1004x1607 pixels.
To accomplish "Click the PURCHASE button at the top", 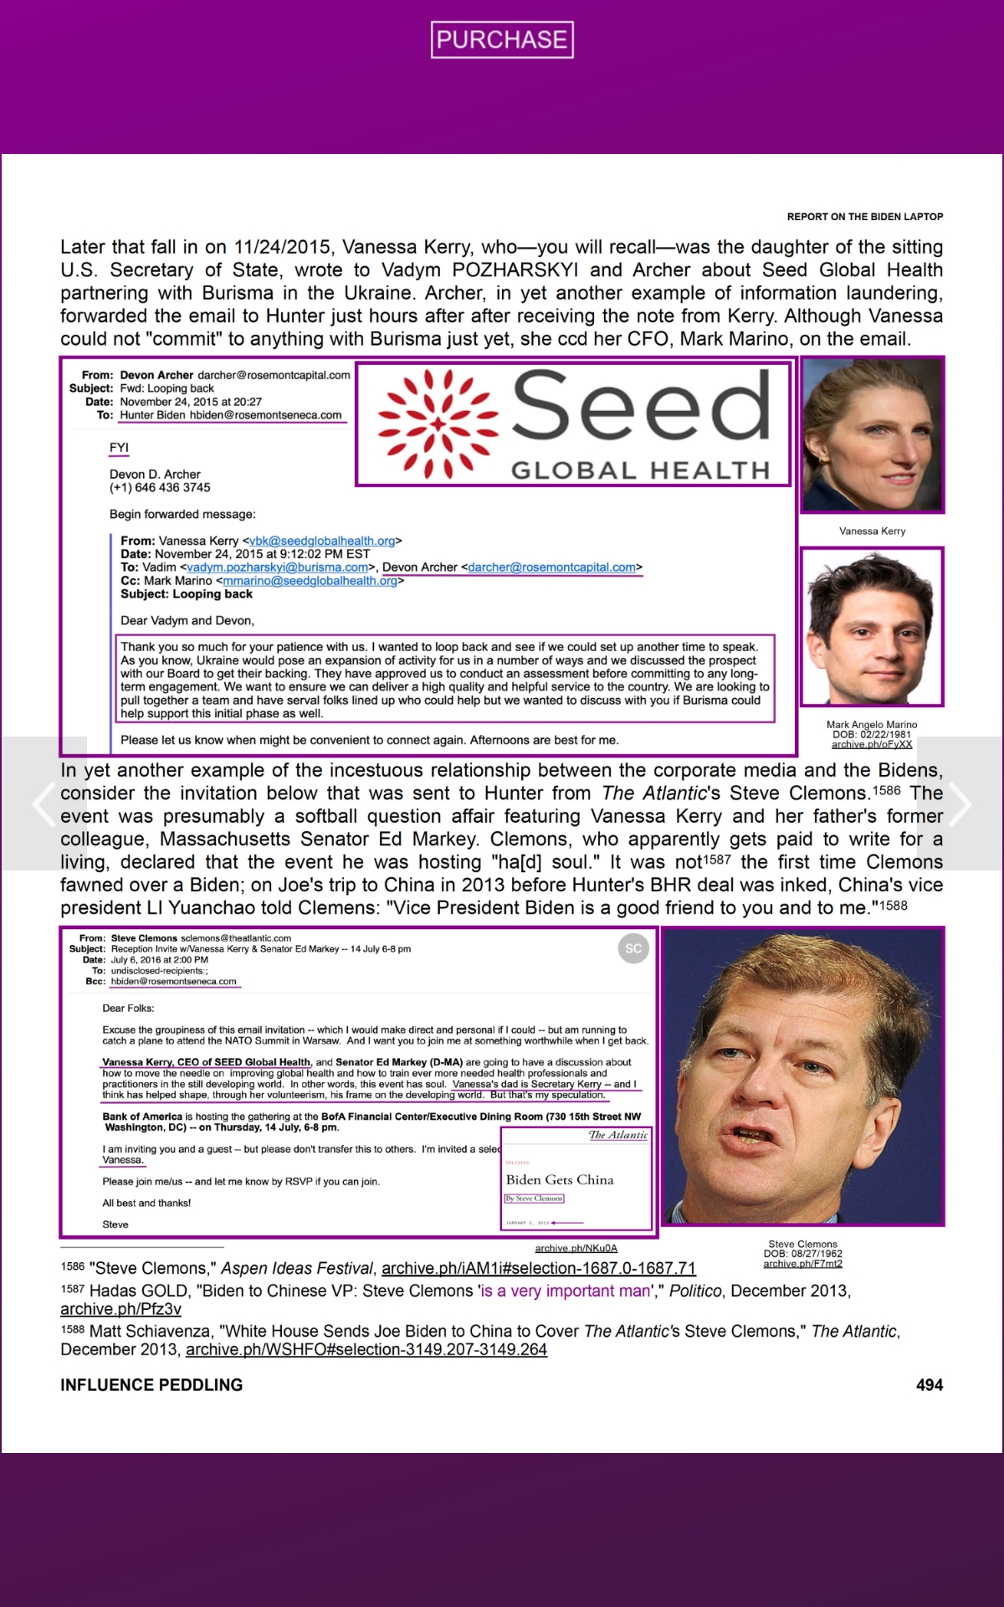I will (x=502, y=39).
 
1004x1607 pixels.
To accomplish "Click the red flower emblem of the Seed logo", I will (x=437, y=424).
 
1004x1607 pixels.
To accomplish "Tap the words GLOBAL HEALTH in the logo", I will (x=640, y=470).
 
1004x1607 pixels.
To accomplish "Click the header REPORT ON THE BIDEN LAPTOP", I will (x=864, y=217).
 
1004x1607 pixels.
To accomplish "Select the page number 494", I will (x=929, y=1385).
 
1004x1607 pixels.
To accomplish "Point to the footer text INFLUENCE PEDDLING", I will (x=151, y=1385).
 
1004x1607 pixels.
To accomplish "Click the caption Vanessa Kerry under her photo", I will (x=872, y=531).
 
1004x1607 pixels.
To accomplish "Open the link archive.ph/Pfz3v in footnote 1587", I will (x=120, y=1309).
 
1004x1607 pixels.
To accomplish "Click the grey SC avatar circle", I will (x=633, y=948).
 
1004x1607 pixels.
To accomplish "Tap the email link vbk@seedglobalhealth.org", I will (x=322, y=541).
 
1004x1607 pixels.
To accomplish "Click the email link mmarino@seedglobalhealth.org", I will (x=310, y=581).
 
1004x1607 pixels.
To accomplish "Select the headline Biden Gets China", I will (x=560, y=1179).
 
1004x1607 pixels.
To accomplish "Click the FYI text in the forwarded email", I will (x=119, y=448).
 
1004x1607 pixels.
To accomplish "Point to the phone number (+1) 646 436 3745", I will (x=160, y=487).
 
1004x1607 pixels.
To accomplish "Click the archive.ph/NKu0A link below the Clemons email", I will (x=576, y=1248).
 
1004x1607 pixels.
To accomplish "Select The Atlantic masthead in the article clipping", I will (x=617, y=1135).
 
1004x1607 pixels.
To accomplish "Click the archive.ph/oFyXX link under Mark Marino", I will (x=872, y=744).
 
